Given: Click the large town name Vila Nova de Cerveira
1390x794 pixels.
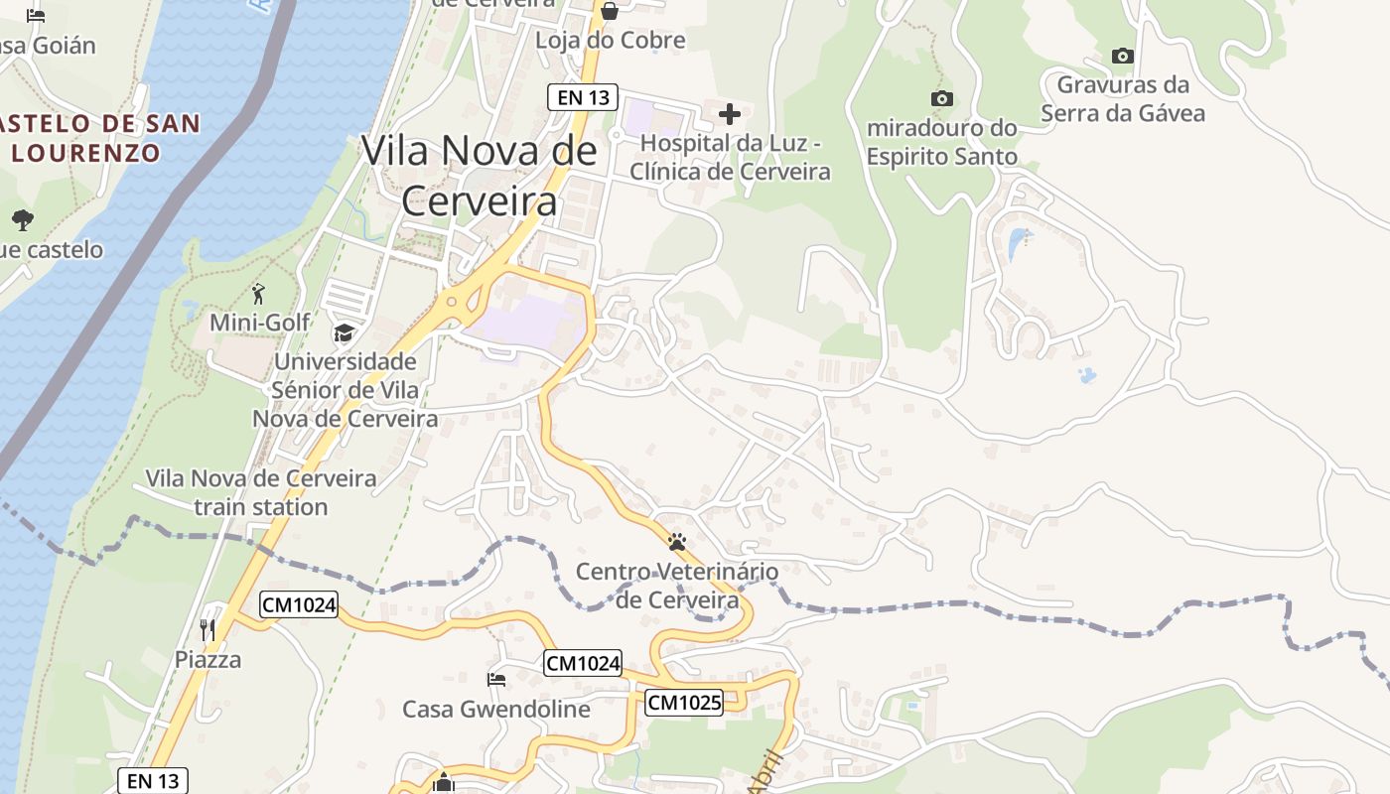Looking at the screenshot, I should [479, 175].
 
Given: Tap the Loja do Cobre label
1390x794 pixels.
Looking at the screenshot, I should [610, 41].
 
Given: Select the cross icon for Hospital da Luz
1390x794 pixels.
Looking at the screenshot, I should [730, 113].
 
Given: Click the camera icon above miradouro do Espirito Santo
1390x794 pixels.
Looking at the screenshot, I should [941, 98].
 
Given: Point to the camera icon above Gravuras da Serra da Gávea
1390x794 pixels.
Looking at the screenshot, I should [1123, 56].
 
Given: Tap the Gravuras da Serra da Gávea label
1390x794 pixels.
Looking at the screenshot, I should [1123, 98].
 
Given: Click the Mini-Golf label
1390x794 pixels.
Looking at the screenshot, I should [259, 323].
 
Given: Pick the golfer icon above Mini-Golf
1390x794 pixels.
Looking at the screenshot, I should [259, 294].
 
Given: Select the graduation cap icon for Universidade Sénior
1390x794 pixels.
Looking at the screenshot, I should [344, 332].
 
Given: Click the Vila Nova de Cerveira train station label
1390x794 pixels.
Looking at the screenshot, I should [261, 492].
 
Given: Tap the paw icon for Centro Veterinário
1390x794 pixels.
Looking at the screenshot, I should [677, 542].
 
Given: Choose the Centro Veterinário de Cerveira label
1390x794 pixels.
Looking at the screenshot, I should [677, 586].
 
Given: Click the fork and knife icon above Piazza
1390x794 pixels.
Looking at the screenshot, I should [208, 629].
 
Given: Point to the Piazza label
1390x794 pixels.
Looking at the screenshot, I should [208, 659].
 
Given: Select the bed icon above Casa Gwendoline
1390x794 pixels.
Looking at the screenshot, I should [496, 679].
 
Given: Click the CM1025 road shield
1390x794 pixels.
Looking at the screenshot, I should [684, 703].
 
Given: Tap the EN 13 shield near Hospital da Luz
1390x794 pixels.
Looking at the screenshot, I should [583, 97].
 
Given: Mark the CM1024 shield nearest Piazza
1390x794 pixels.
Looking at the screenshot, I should [299, 603].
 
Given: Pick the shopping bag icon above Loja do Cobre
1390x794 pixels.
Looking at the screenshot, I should [610, 11].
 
